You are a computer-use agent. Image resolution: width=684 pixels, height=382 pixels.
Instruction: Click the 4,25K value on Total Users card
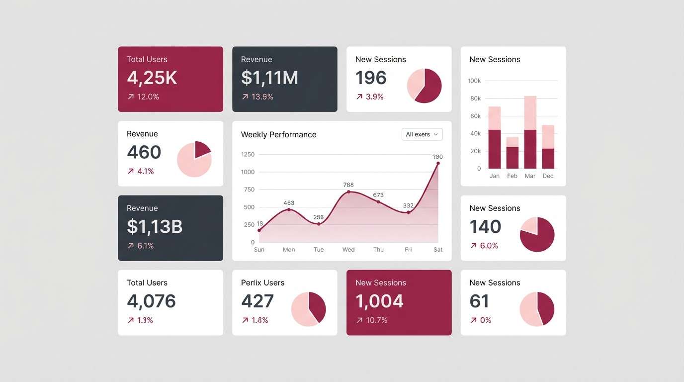coord(152,78)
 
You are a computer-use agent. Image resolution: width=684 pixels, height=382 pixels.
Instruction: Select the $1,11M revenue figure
coord(269,78)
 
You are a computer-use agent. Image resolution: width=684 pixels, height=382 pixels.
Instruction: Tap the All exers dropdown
coord(422,134)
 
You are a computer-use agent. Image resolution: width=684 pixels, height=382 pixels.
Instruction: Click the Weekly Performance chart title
coord(278,134)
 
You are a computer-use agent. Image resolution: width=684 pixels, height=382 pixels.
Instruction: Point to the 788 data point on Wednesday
coord(348,191)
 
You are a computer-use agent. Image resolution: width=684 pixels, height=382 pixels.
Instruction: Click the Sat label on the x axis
coord(438,250)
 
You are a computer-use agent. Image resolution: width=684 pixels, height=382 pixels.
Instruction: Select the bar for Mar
coord(530,132)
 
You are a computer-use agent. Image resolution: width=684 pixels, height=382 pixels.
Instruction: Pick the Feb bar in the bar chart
coord(513,153)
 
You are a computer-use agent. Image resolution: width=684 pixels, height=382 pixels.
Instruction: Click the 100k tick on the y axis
coord(474,81)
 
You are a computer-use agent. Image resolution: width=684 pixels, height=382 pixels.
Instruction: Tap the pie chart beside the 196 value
coord(424,86)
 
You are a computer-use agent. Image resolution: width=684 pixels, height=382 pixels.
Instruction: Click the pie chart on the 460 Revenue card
coord(194,160)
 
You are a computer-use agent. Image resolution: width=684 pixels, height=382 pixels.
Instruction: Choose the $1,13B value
coord(155,227)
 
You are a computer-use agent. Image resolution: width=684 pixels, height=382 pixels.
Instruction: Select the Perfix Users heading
coord(262,283)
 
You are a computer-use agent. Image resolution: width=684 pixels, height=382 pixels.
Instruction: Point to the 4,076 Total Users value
coord(151,301)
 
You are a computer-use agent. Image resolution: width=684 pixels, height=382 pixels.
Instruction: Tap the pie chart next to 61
coord(537,309)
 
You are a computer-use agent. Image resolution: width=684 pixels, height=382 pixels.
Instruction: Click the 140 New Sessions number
coord(485,227)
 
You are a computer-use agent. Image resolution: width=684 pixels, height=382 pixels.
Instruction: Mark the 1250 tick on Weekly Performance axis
coord(248,154)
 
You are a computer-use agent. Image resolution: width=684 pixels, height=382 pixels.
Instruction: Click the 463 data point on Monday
coord(289,209)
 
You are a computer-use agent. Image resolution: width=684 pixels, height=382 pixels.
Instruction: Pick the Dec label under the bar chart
coord(548,176)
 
